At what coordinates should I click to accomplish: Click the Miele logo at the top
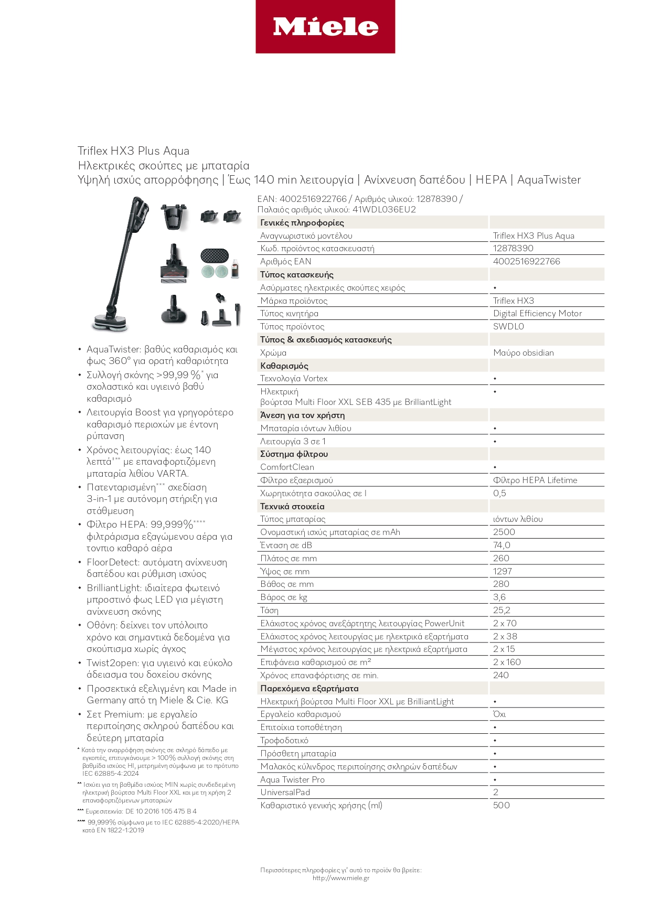tap(325, 27)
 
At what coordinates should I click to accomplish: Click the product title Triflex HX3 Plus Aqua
tap(133, 151)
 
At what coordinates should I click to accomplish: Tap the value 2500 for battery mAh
tap(504, 532)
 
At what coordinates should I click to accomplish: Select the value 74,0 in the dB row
tap(501, 545)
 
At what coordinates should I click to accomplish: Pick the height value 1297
tap(502, 571)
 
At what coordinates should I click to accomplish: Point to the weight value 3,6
tap(499, 597)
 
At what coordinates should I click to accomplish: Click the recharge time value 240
tap(500, 675)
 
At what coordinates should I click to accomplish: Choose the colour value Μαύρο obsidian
tap(523, 352)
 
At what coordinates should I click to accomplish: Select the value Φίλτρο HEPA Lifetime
tap(535, 480)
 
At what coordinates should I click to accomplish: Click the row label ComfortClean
tap(287, 467)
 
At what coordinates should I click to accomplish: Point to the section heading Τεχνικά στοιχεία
tap(292, 506)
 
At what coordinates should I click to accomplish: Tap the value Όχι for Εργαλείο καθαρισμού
tap(499, 714)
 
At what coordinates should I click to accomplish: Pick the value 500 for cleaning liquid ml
tap(501, 805)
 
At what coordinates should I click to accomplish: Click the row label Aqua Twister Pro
tap(292, 779)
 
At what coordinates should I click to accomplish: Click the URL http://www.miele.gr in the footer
tap(340, 878)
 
